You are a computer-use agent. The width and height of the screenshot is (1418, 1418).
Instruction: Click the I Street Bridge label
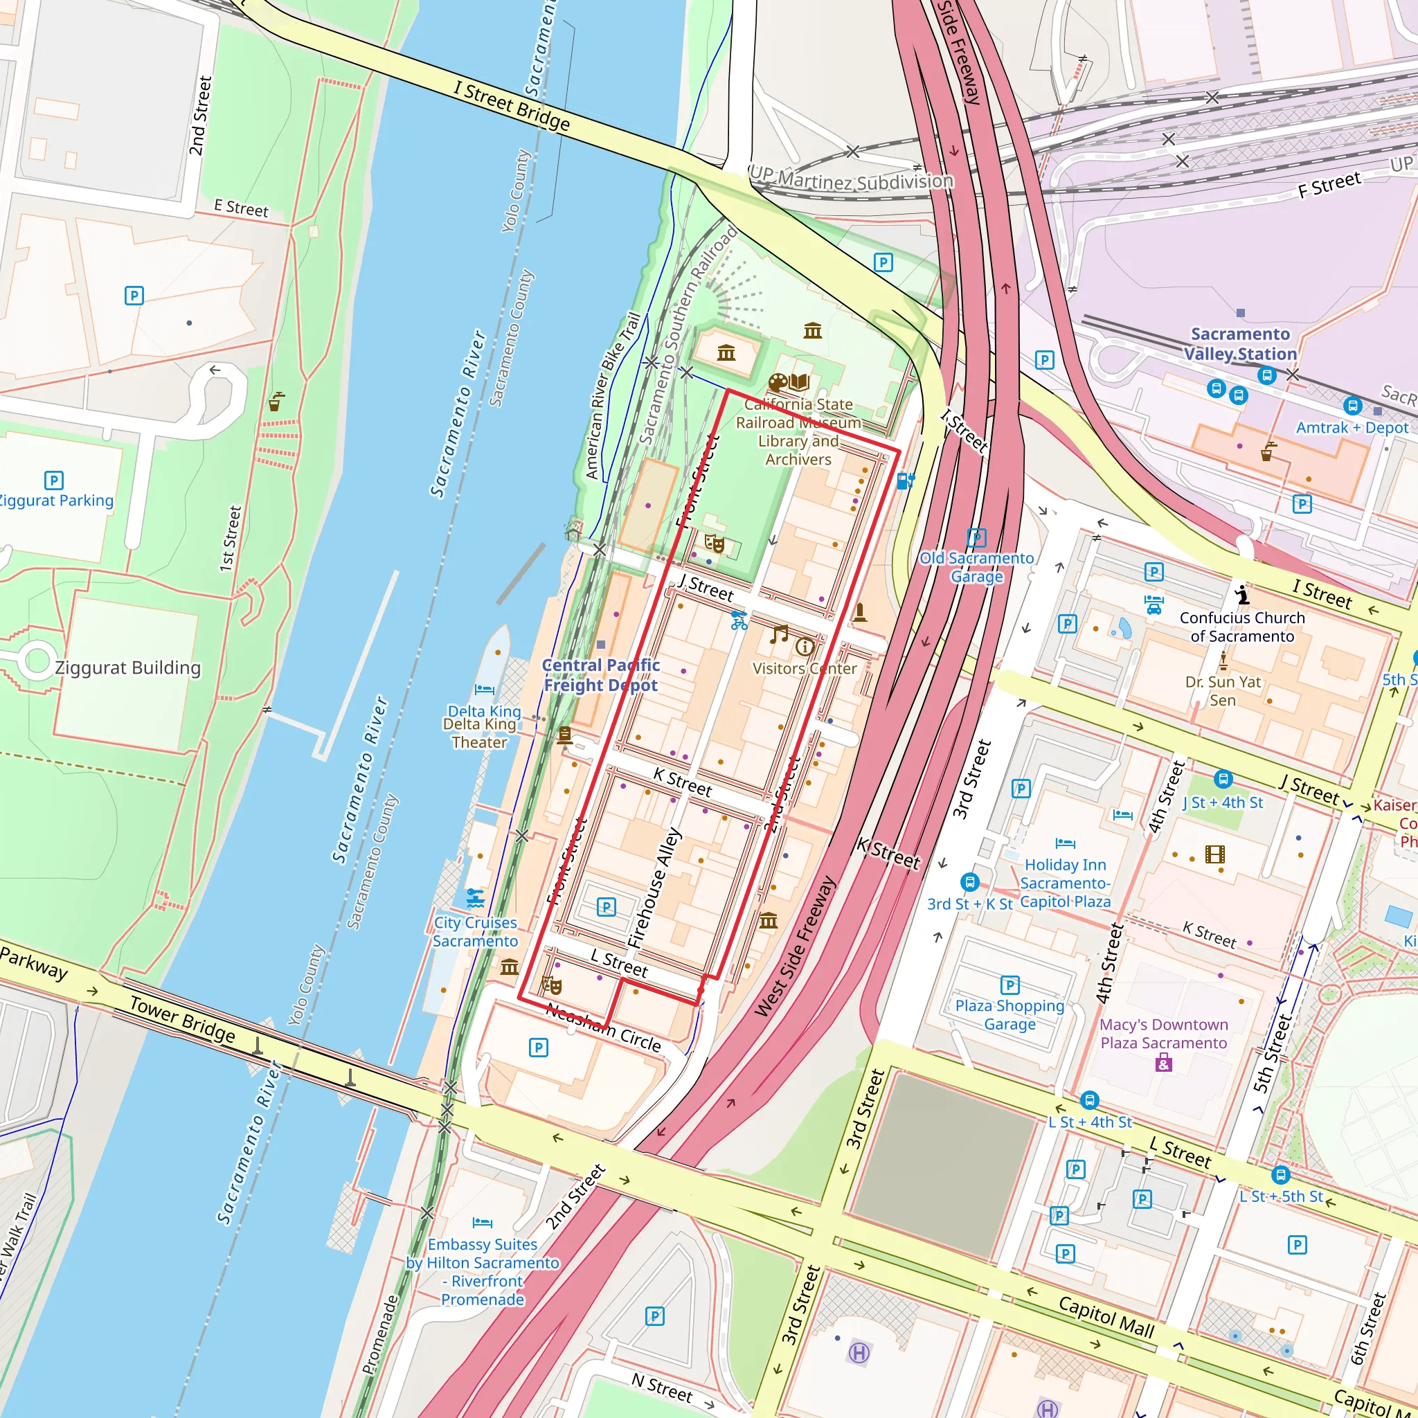point(511,106)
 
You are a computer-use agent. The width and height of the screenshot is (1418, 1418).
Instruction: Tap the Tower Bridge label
point(182,1019)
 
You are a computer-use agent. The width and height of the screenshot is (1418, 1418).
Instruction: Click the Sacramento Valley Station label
point(1239,343)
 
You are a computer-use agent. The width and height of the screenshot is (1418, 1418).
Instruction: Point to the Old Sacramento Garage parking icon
point(976,538)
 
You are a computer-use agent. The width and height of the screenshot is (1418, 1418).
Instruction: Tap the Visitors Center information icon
point(805,647)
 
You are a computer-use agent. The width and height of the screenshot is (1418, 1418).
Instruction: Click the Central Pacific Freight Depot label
point(600,675)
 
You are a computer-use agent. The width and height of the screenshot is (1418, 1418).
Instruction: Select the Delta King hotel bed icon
point(485,689)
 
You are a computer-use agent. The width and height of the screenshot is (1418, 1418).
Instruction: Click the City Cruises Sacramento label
point(475,931)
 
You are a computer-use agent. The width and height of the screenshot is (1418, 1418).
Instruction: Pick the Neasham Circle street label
point(603,1026)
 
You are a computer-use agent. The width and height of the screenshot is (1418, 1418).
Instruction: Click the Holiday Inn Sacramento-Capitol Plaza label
point(1065,883)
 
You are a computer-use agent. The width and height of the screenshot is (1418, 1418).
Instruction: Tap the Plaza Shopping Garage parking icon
point(1010,985)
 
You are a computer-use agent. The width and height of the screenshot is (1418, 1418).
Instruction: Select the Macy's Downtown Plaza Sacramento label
point(1163,1034)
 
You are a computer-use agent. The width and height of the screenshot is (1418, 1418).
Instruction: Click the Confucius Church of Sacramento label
point(1242,627)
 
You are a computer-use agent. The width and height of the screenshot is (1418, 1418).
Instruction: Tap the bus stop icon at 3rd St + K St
point(969,881)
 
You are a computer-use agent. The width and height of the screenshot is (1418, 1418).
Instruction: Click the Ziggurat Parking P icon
point(53,480)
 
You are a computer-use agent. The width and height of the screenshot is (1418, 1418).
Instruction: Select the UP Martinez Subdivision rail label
point(852,179)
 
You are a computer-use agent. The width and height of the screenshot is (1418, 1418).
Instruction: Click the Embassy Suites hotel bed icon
point(482,1223)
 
